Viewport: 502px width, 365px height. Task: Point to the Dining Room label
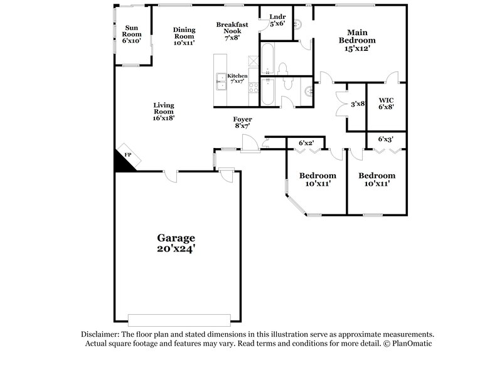pyautogui.click(x=184, y=36)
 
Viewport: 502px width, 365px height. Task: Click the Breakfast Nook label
pyautogui.click(x=229, y=31)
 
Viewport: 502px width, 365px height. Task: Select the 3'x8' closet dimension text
pyautogui.click(x=358, y=104)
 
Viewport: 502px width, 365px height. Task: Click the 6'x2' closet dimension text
pyautogui.click(x=306, y=144)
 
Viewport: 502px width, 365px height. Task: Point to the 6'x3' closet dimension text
pyautogui.click(x=386, y=139)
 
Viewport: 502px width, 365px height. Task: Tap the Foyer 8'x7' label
pyautogui.click(x=242, y=122)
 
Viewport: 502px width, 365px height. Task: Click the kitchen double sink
pyautogui.click(x=220, y=78)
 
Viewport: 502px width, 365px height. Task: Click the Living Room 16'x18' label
pyautogui.click(x=163, y=111)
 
